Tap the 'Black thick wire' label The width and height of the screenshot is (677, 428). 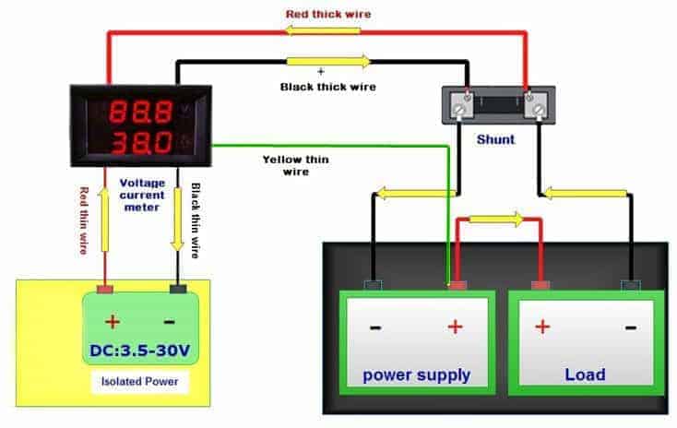(x=328, y=87)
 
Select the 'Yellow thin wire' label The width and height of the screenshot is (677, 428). (x=295, y=165)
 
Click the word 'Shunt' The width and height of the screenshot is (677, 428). (x=495, y=140)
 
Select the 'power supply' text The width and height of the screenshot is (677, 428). (x=417, y=374)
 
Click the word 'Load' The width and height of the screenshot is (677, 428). (x=585, y=374)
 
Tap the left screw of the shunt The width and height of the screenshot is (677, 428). (x=457, y=111)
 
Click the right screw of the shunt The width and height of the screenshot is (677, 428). (x=533, y=111)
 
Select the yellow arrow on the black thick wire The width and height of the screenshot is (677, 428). (x=328, y=62)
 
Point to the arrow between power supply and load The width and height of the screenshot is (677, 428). (x=498, y=220)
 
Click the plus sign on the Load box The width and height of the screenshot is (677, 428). (x=541, y=327)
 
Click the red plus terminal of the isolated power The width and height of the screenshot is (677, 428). (x=105, y=289)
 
